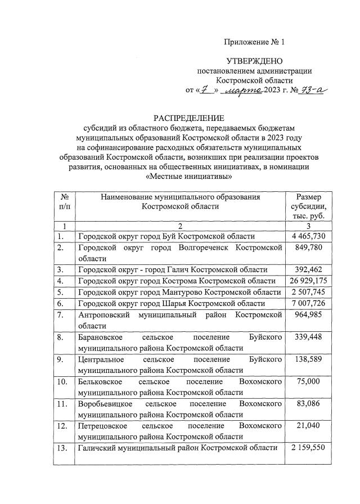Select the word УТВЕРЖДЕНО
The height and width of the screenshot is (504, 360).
[x=255, y=61]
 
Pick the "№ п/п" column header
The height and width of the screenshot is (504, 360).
[x=64, y=201]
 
